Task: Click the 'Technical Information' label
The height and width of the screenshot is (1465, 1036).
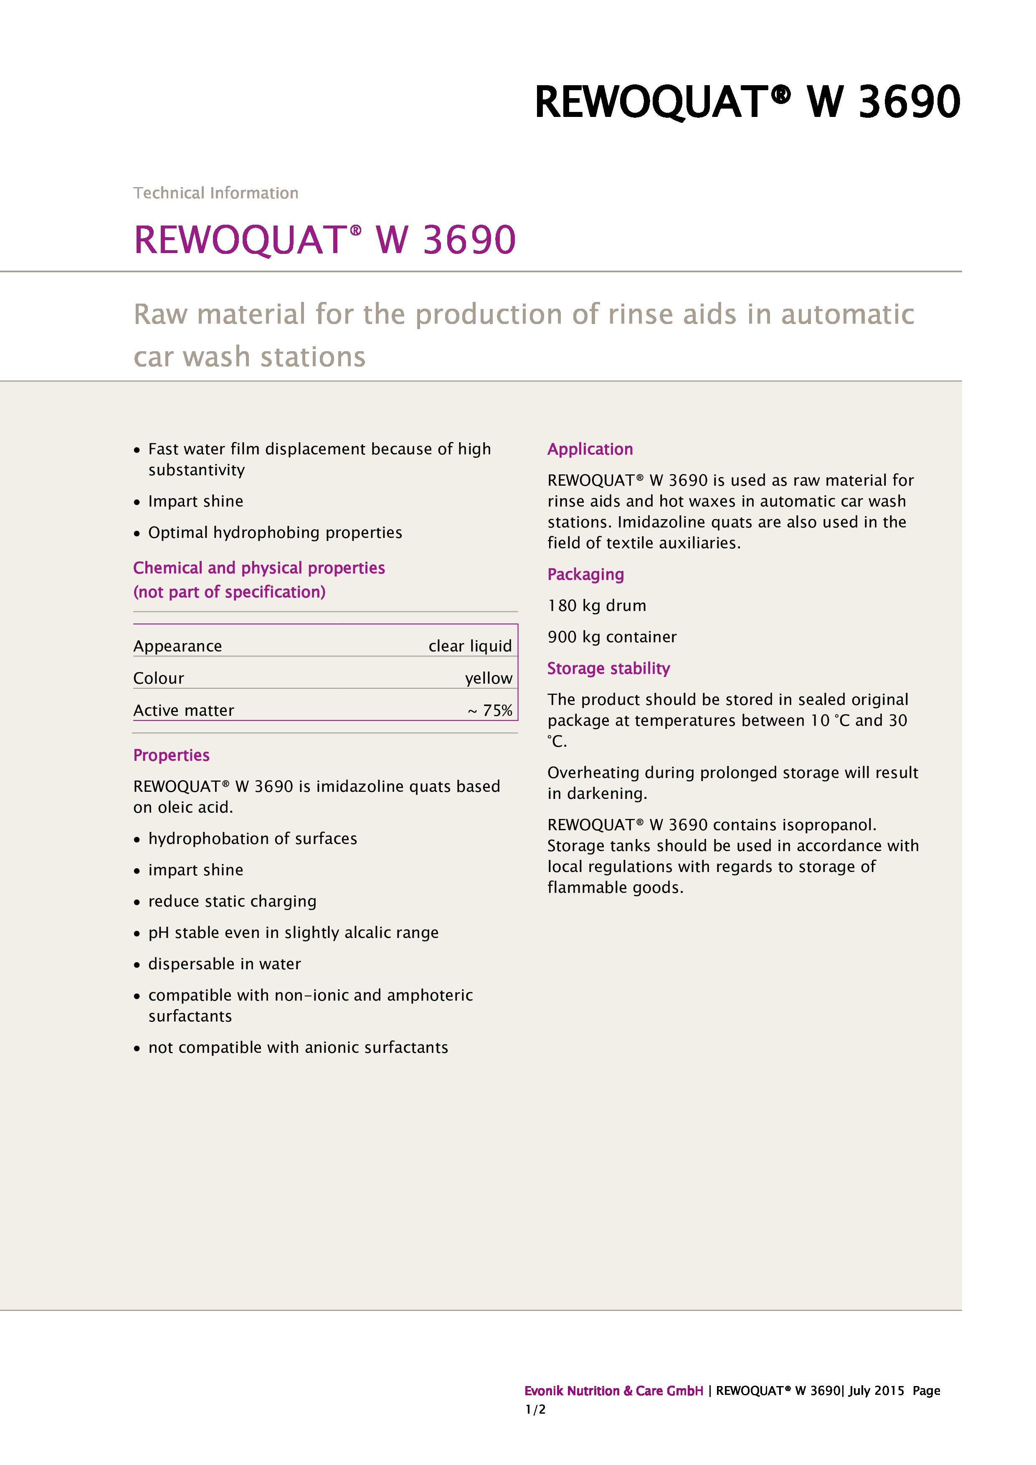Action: (x=215, y=193)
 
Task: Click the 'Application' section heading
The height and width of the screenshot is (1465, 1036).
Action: (x=590, y=449)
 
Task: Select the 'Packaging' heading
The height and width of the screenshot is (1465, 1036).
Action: (x=585, y=574)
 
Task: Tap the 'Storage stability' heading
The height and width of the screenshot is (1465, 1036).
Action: (x=608, y=668)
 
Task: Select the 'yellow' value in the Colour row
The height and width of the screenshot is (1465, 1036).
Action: (x=488, y=678)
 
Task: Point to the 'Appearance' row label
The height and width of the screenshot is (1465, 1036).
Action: (x=177, y=646)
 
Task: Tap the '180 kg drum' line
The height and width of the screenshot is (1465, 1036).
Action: (x=596, y=606)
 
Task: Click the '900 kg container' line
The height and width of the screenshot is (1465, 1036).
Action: (x=612, y=637)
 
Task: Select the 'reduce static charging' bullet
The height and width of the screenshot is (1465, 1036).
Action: (x=232, y=901)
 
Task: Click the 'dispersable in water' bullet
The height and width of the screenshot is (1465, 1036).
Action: (x=225, y=963)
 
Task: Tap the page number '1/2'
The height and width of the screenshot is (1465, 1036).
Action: (x=535, y=1409)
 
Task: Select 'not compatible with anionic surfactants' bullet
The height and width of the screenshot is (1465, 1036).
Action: (x=298, y=1047)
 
